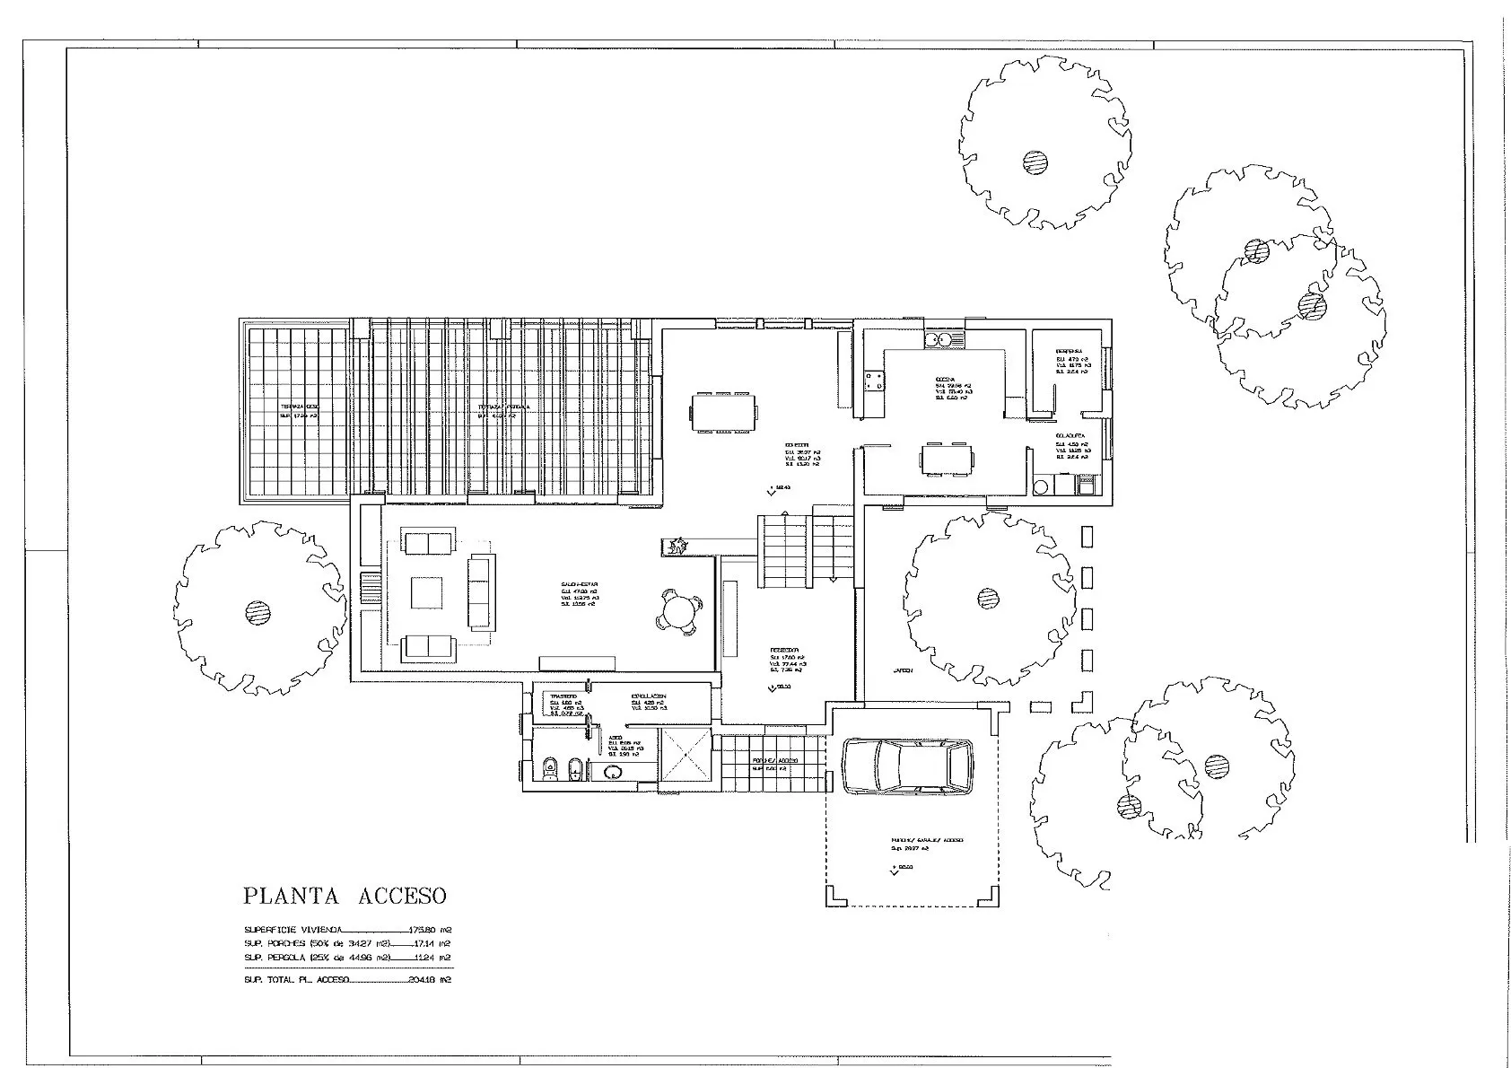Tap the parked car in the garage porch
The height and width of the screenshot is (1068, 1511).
pos(907,766)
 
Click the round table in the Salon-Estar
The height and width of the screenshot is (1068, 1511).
pos(679,613)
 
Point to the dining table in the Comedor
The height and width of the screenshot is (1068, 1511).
pos(722,413)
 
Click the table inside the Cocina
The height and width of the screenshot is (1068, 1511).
pos(945,460)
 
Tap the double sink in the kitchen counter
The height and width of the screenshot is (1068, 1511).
pos(944,340)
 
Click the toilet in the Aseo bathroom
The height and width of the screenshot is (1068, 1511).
pos(549,769)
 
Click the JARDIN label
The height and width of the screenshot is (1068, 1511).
pos(902,670)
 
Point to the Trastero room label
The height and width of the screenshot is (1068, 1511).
pos(563,696)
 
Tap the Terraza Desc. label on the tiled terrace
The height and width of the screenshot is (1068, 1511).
pos(298,407)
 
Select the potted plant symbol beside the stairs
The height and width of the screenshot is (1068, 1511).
pos(676,546)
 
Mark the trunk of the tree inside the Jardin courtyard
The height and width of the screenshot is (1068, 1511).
pos(988,597)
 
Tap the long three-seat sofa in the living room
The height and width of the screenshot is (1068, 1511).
pos(482,591)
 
